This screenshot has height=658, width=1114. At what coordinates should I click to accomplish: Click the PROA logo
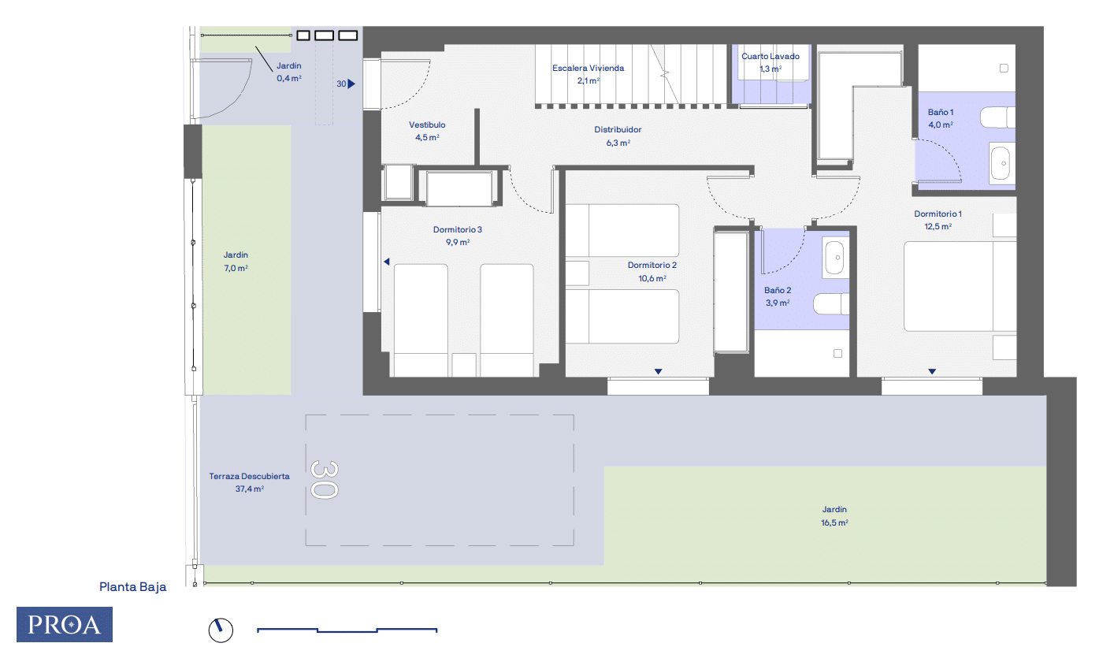tap(65, 624)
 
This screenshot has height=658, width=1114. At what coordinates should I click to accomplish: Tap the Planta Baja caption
tap(133, 587)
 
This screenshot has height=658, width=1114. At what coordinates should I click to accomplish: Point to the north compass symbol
tap(221, 630)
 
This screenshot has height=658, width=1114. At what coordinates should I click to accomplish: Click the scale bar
tap(347, 630)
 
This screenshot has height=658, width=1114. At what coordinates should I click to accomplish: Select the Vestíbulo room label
tap(427, 125)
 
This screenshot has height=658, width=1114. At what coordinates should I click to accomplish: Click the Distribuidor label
tap(618, 129)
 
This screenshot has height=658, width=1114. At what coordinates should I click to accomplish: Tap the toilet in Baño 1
tap(997, 117)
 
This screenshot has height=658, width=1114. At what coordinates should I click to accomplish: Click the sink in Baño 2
tap(835, 258)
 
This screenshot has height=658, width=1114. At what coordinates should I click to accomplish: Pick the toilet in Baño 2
tap(831, 303)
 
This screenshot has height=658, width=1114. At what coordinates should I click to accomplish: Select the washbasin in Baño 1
tap(1001, 162)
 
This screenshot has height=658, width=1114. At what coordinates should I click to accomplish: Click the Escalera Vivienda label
tap(588, 68)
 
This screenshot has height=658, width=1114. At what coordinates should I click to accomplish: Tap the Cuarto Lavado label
tap(771, 56)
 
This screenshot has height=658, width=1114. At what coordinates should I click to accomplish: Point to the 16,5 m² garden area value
tap(834, 522)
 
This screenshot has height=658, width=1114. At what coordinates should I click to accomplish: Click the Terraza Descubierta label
tap(249, 476)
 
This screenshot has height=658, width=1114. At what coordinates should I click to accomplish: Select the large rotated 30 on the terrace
tap(325, 480)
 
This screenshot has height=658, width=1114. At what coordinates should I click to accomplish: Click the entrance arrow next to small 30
tap(351, 84)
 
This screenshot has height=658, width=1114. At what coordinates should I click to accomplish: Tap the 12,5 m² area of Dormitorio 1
tap(938, 226)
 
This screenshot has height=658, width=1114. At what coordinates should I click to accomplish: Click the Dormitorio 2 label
tap(652, 265)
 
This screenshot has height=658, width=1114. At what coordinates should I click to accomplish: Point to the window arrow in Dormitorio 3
tap(386, 262)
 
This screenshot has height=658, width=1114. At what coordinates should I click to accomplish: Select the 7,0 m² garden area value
tap(236, 268)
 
